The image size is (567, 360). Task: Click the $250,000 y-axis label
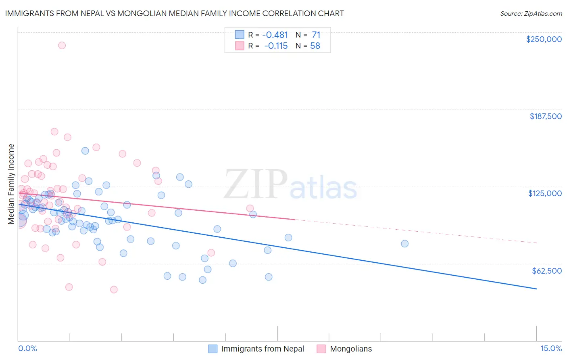[544, 39]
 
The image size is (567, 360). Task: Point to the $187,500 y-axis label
[545, 116]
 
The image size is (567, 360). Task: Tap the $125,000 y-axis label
[545, 193]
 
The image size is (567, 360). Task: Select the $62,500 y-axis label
[546, 271]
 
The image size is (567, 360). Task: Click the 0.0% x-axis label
[28, 348]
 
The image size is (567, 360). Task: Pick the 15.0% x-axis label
[551, 348]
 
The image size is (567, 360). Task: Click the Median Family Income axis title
[11, 184]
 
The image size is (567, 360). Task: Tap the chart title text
[175, 13]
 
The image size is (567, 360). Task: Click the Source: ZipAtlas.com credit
[531, 13]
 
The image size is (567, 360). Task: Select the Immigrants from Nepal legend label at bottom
[263, 349]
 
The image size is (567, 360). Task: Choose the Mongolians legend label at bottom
[351, 349]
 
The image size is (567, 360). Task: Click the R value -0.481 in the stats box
[275, 35]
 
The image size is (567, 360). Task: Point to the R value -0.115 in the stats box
[276, 46]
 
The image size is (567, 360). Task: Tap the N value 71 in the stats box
[316, 35]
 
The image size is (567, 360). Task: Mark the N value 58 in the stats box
[315, 46]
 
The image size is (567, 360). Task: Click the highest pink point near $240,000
[62, 45]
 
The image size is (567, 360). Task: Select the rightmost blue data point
[404, 243]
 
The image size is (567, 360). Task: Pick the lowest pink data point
[114, 289]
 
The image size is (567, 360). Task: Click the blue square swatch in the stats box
[240, 35]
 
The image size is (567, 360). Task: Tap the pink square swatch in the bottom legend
[321, 349]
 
